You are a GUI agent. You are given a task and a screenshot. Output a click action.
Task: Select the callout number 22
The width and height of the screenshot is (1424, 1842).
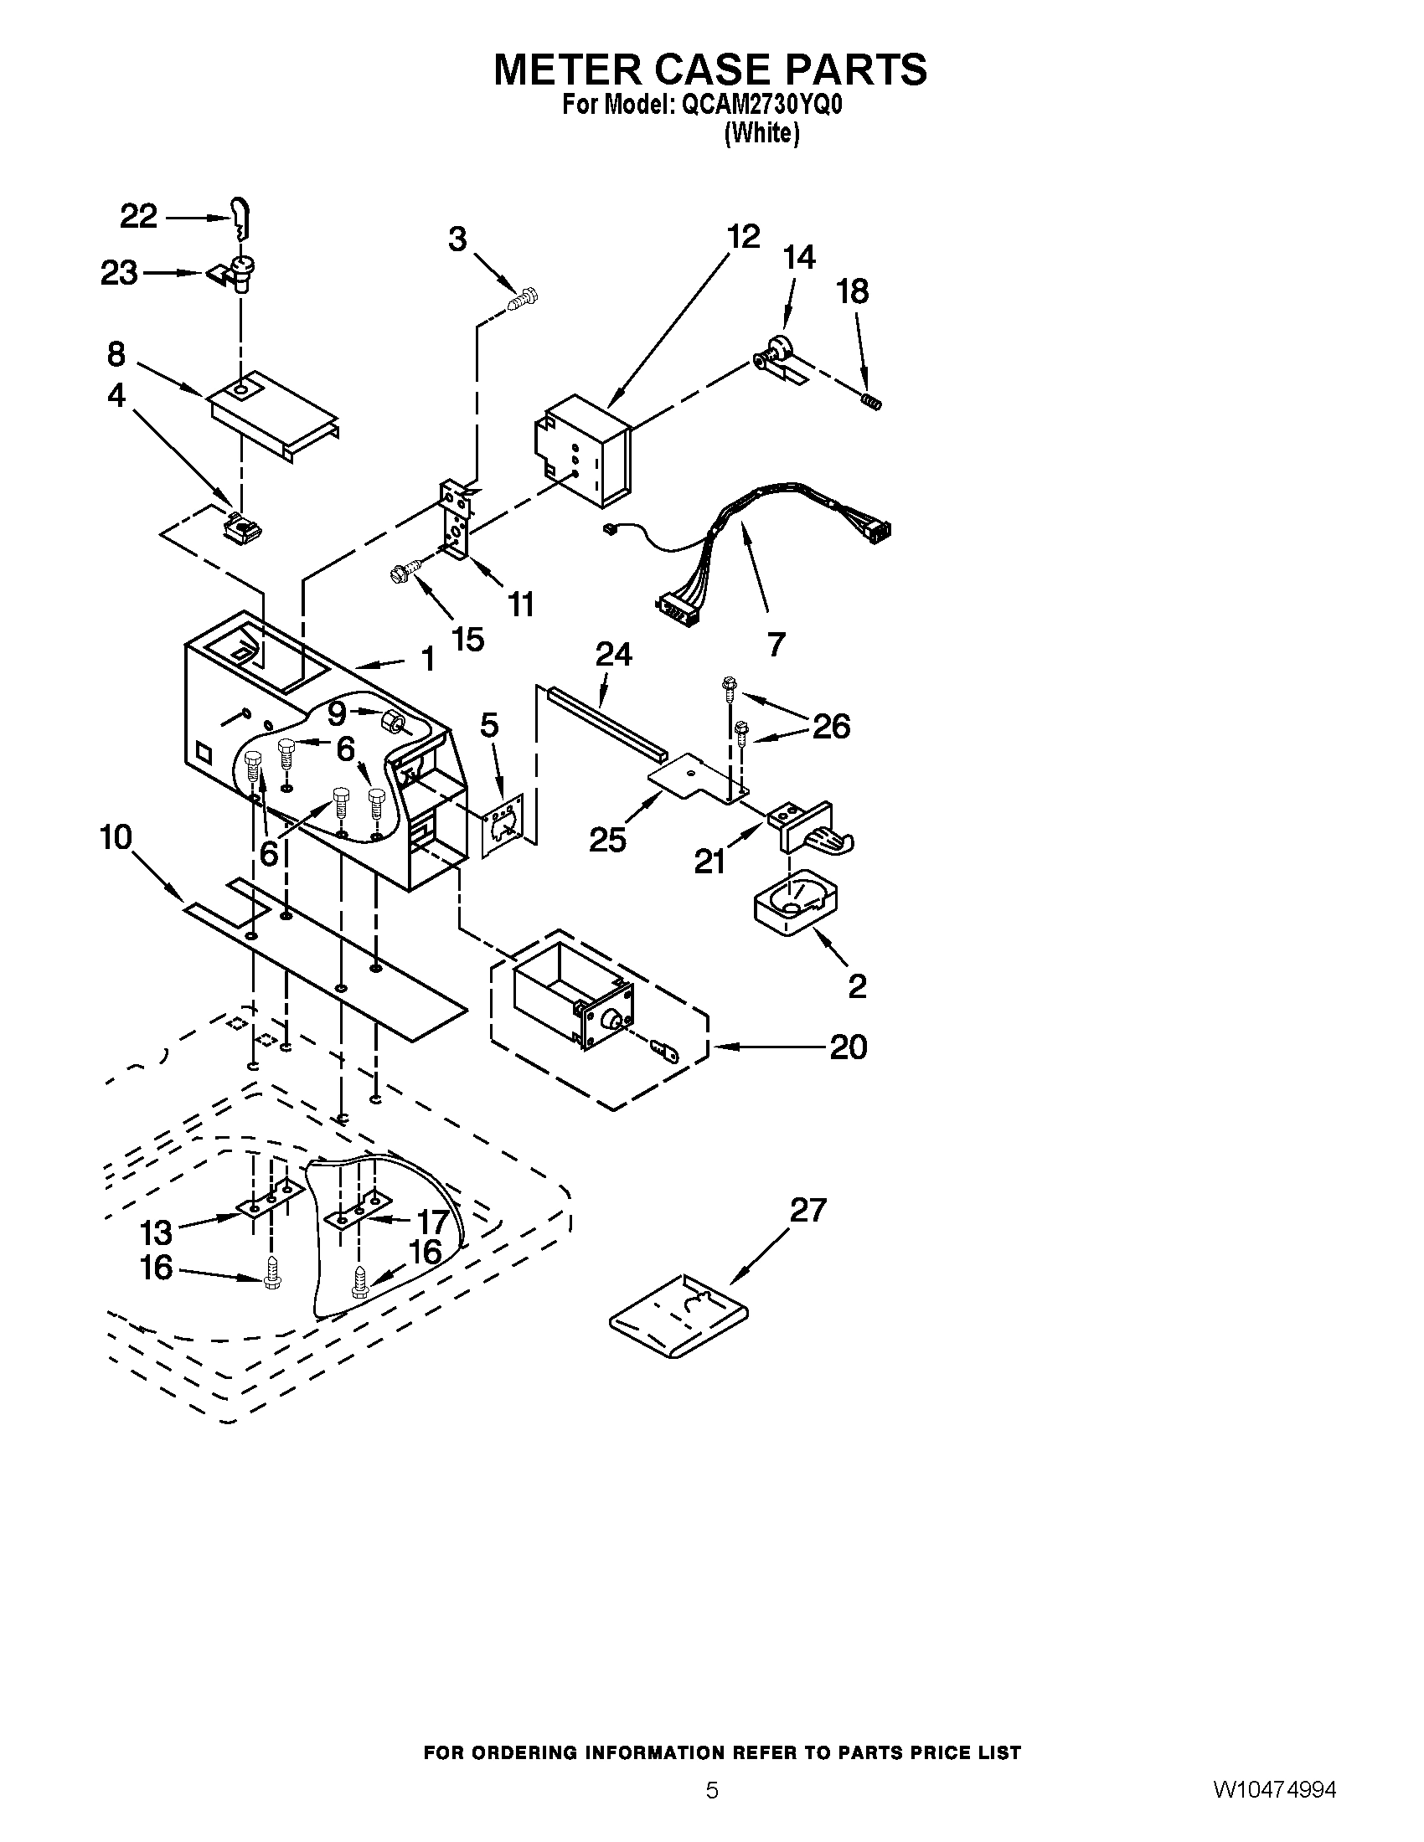tap(139, 217)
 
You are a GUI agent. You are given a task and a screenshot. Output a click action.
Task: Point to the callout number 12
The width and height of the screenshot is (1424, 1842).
tap(742, 237)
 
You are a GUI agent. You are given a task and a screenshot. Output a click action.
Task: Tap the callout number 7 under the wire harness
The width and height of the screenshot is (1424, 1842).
tap(776, 644)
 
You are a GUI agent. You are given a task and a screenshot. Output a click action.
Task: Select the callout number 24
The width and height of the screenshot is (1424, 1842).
tap(614, 654)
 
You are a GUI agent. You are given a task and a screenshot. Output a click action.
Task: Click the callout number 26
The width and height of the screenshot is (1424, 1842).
tap(831, 725)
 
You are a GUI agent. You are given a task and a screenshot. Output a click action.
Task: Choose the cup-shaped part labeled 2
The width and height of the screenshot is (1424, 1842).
tap(794, 904)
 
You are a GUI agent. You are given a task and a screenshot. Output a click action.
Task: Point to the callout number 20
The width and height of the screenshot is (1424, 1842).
tap(848, 1047)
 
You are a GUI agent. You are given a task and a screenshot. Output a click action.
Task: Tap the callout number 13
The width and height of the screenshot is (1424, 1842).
tap(156, 1233)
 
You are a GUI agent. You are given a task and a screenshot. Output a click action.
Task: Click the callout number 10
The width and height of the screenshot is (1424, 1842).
tap(116, 837)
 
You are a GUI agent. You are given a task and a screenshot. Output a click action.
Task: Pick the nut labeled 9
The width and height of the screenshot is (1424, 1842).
tap(392, 721)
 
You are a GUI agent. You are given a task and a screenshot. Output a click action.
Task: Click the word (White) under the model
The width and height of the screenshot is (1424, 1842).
tap(761, 133)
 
